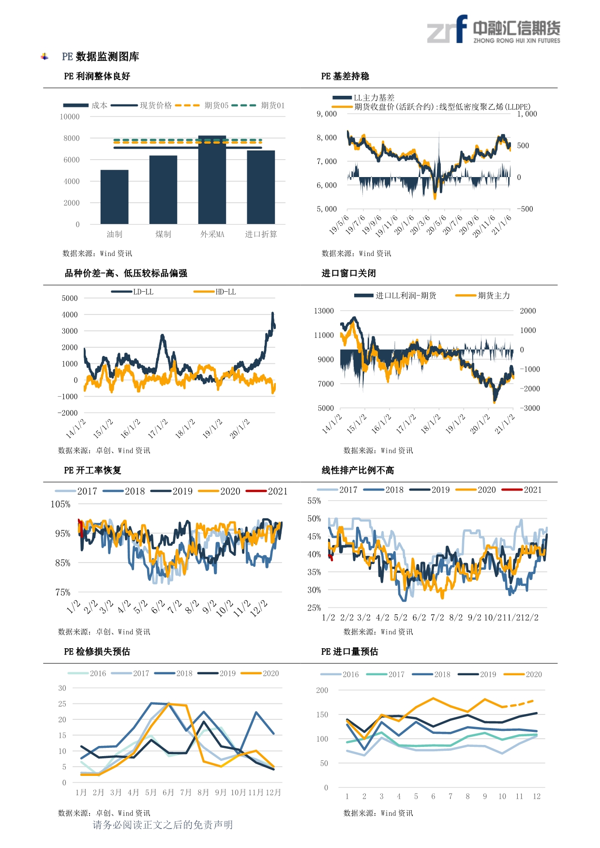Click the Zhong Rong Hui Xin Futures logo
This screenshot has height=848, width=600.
493,30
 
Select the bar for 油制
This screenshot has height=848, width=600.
115,197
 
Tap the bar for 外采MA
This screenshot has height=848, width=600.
212,180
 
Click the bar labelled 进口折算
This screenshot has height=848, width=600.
261,187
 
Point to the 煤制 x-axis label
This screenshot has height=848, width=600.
163,235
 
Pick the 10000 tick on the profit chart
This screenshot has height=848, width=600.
70,117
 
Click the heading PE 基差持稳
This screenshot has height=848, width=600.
345,76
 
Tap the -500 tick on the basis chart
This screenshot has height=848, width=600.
525,209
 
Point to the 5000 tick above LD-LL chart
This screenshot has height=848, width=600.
70,298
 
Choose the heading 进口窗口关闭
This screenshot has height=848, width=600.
348,273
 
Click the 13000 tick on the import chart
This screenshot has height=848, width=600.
324,311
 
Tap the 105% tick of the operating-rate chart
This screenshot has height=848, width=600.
60,505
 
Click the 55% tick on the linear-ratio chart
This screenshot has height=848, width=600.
314,501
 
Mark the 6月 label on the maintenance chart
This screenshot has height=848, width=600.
168,792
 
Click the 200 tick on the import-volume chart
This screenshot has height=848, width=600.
322,690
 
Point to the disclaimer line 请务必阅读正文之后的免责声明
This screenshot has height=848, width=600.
163,825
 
